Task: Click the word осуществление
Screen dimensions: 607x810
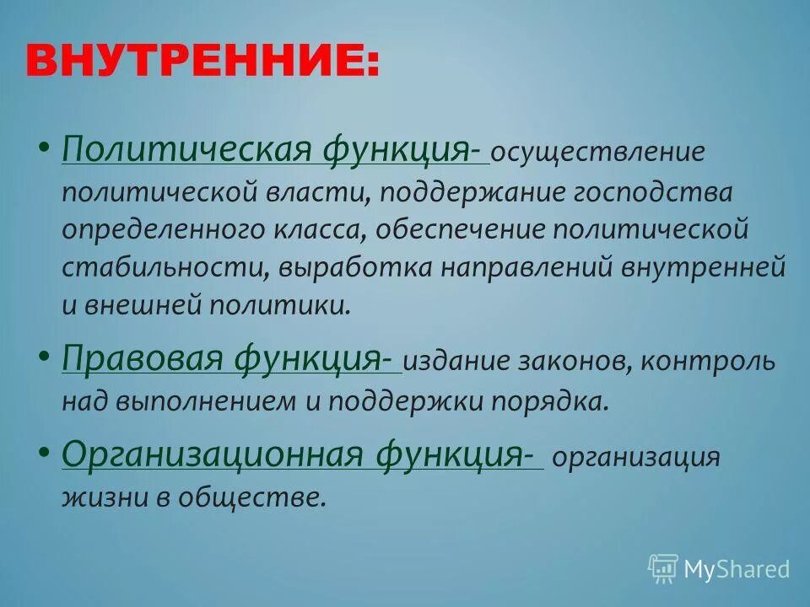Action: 597,153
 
